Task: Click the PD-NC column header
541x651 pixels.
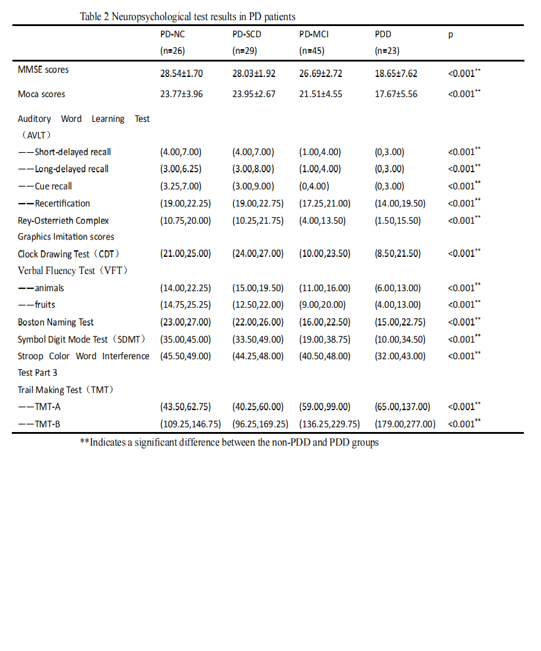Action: point(173,34)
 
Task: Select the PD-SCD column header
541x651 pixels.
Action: point(247,34)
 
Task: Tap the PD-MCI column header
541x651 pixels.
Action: point(314,34)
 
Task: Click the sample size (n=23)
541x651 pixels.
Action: point(387,51)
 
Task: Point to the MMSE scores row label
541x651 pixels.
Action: point(43,70)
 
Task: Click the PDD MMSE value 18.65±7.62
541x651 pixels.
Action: point(396,74)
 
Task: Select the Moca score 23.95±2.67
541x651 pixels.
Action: point(254,94)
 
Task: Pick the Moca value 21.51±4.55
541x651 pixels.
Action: point(320,94)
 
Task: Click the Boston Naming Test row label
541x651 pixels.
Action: point(56,323)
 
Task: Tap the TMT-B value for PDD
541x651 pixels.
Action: point(405,424)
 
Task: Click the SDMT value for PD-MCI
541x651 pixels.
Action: point(325,340)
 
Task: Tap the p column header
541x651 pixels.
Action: point(451,34)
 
